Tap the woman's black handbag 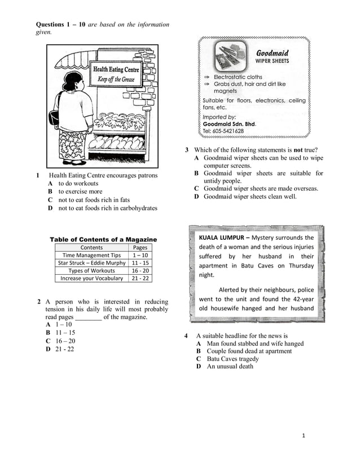pyautogui.click(x=55, y=117)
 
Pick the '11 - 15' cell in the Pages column pyautogui.click(x=140, y=263)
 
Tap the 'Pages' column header pyautogui.click(x=140, y=247)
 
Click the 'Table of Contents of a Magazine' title pyautogui.click(x=104, y=239)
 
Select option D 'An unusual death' pyautogui.click(x=230, y=366)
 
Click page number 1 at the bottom pyautogui.click(x=303, y=436)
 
